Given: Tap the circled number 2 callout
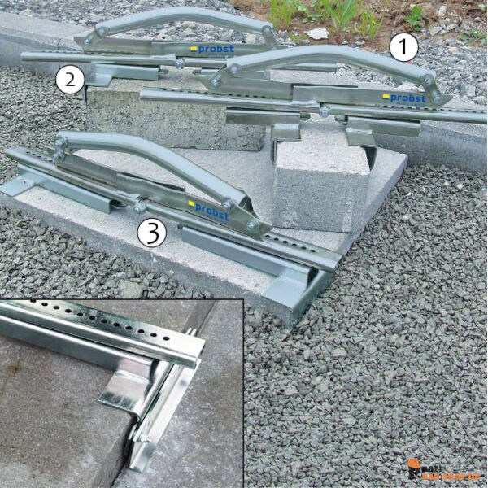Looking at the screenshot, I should pos(70,79).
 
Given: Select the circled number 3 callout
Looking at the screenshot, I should pos(151,233).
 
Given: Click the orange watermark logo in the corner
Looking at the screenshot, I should pos(443,471).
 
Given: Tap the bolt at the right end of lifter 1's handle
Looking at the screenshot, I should pos(426,81).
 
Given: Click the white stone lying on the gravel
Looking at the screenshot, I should pos(318,33).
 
